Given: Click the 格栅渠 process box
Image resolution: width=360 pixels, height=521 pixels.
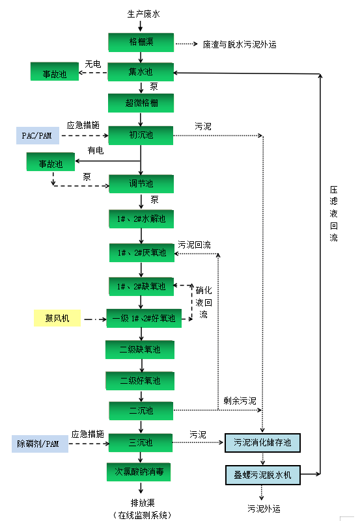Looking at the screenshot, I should pyautogui.click(x=141, y=43).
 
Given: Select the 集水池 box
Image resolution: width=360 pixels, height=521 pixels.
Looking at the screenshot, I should pyautogui.click(x=141, y=71).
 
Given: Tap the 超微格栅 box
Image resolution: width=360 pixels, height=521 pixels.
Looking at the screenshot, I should pyautogui.click(x=141, y=102).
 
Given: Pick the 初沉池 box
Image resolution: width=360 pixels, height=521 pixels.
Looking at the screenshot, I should pyautogui.click(x=141, y=135).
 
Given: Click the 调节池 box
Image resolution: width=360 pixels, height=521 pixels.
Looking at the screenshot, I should pyautogui.click(x=141, y=184).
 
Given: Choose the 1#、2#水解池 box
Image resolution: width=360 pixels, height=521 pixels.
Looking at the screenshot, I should pyautogui.click(x=141, y=219).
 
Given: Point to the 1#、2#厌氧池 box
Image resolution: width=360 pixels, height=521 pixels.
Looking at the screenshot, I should pyautogui.click(x=141, y=252).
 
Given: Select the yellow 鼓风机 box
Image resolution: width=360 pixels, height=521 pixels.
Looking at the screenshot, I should pyautogui.click(x=57, y=318).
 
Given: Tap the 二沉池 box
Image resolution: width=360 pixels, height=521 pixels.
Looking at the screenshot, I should pyautogui.click(x=141, y=410).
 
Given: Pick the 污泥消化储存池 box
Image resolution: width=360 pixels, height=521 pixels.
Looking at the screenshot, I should pyautogui.click(x=262, y=443).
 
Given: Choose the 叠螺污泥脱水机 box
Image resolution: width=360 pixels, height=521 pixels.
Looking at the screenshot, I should pyautogui.click(x=262, y=474).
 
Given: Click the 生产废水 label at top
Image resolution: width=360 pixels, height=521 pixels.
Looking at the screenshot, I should pyautogui.click(x=141, y=12).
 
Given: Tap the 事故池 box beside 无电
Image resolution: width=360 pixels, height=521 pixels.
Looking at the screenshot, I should pyautogui.click(x=55, y=72).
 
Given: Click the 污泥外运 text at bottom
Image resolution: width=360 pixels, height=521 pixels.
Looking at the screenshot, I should pyautogui.click(x=264, y=507).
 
